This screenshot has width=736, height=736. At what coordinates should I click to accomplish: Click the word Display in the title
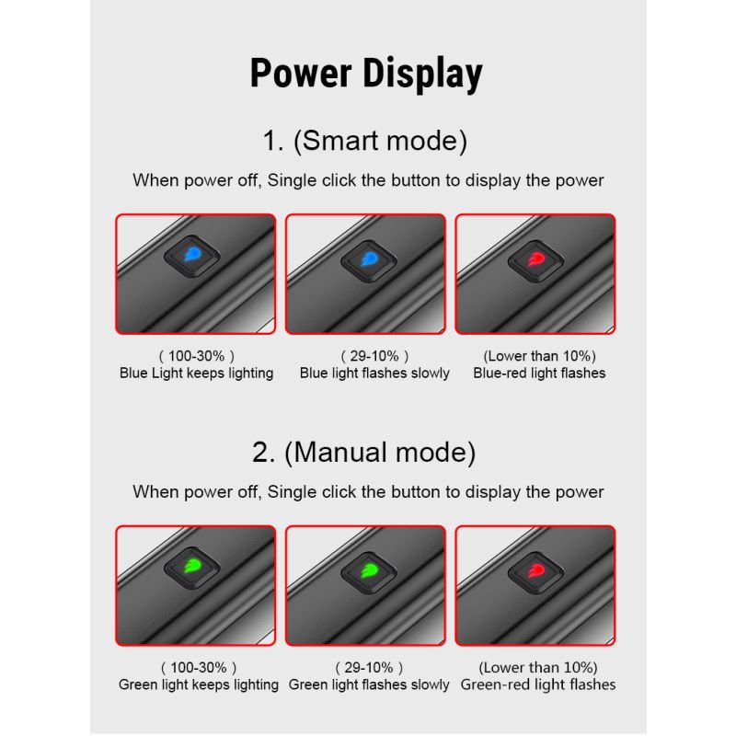pyautogui.click(x=423, y=75)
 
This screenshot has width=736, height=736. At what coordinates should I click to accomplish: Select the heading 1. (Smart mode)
pyautogui.click(x=365, y=142)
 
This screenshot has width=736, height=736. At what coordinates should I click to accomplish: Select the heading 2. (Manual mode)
pyautogui.click(x=364, y=453)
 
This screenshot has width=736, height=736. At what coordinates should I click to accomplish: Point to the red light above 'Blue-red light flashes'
pyautogui.click(x=535, y=260)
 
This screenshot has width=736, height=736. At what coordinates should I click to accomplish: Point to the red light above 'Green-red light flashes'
pyautogui.click(x=535, y=569)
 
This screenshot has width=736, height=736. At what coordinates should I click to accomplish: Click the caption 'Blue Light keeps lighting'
pyautogui.click(x=197, y=374)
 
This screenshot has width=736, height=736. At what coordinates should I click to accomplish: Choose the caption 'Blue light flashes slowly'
pyautogui.click(x=374, y=374)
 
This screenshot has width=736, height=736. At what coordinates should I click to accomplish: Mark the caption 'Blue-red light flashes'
pyautogui.click(x=539, y=374)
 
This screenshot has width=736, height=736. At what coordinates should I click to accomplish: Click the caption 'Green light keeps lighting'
pyautogui.click(x=199, y=684)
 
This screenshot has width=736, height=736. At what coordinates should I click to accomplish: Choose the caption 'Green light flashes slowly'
pyautogui.click(x=370, y=684)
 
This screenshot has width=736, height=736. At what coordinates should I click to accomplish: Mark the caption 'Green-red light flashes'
pyautogui.click(x=538, y=684)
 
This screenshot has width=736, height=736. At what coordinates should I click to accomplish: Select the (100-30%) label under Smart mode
pyautogui.click(x=197, y=356)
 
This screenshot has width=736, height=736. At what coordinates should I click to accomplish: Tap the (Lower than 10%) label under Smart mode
pyautogui.click(x=539, y=356)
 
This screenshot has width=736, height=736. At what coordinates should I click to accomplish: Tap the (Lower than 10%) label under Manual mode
pyautogui.click(x=538, y=667)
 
